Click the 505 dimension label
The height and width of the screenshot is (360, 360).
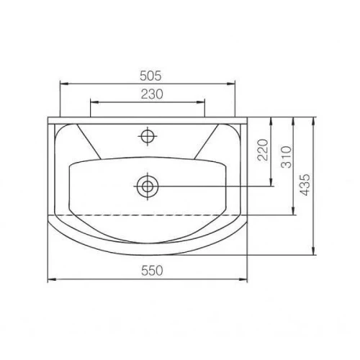[x=150, y=76]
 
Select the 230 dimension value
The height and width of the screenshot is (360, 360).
[x=152, y=94]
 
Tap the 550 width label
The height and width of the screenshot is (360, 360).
[x=152, y=271]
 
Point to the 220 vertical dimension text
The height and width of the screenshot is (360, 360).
[x=262, y=150]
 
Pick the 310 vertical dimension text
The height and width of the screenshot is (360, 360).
[x=287, y=157]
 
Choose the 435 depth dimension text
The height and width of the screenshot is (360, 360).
[x=305, y=185]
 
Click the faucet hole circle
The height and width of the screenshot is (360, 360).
[x=148, y=136]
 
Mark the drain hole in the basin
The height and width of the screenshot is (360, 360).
[x=148, y=186]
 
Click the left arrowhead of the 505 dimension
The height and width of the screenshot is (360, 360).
[x=64, y=84]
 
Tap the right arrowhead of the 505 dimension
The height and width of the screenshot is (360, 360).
[x=231, y=84]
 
